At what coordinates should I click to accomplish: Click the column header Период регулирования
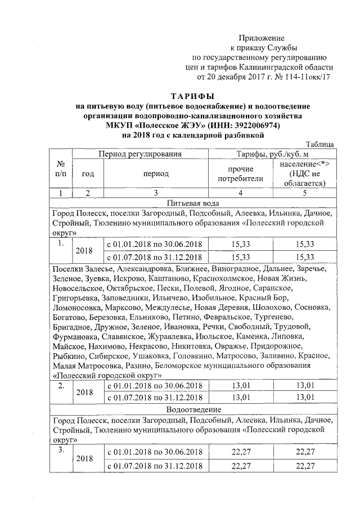coord(141,154)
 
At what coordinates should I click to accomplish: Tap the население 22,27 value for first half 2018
coord(304,453)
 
